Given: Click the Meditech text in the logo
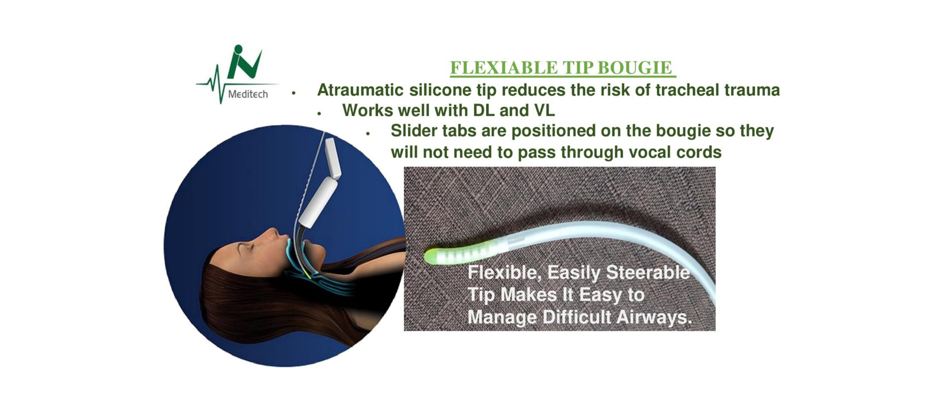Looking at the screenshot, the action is click(x=247, y=94).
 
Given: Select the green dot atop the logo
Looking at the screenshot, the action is click(x=239, y=49).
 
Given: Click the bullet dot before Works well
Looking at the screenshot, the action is click(x=320, y=114).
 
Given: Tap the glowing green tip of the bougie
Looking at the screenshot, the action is click(x=432, y=256).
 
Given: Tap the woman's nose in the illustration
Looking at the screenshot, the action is click(x=273, y=232).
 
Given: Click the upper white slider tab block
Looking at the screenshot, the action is click(x=333, y=157).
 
